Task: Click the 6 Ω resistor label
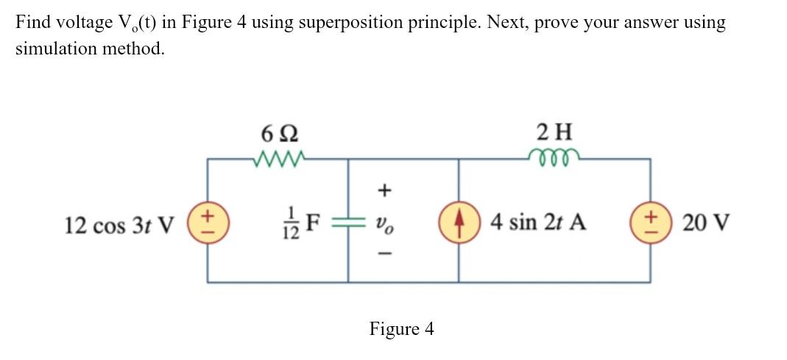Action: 280,134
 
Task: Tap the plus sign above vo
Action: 383,191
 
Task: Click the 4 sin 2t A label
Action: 538,222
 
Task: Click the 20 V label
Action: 706,222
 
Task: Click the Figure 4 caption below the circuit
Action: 401,329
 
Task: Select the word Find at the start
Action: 32,22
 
